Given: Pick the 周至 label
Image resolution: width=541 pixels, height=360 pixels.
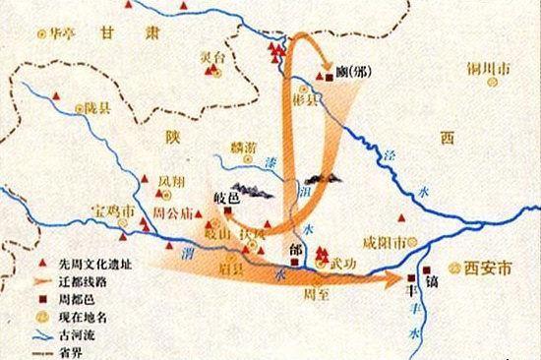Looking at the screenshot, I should click(315, 293).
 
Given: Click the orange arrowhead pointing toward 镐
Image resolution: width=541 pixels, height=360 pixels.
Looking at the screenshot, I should click(404, 279).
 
